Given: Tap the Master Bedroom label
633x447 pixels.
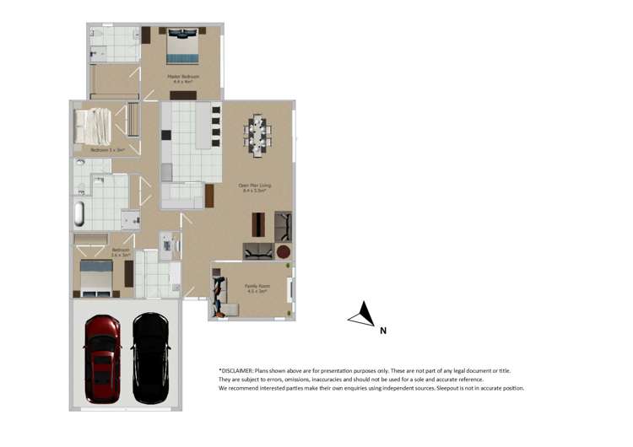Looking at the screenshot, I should tap(183, 78).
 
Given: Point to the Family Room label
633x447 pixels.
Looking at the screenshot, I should tap(256, 288).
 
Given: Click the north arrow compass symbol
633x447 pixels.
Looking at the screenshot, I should tap(363, 315).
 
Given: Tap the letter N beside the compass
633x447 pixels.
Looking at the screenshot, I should tap(383, 331).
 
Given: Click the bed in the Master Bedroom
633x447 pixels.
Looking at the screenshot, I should tap(182, 48).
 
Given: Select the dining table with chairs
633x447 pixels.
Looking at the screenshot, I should tap(257, 132).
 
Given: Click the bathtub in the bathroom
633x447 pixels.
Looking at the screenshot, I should tap(78, 213).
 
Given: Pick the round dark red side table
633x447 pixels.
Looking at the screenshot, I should tap(283, 251).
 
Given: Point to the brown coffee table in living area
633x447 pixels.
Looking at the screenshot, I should tap(258, 224).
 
